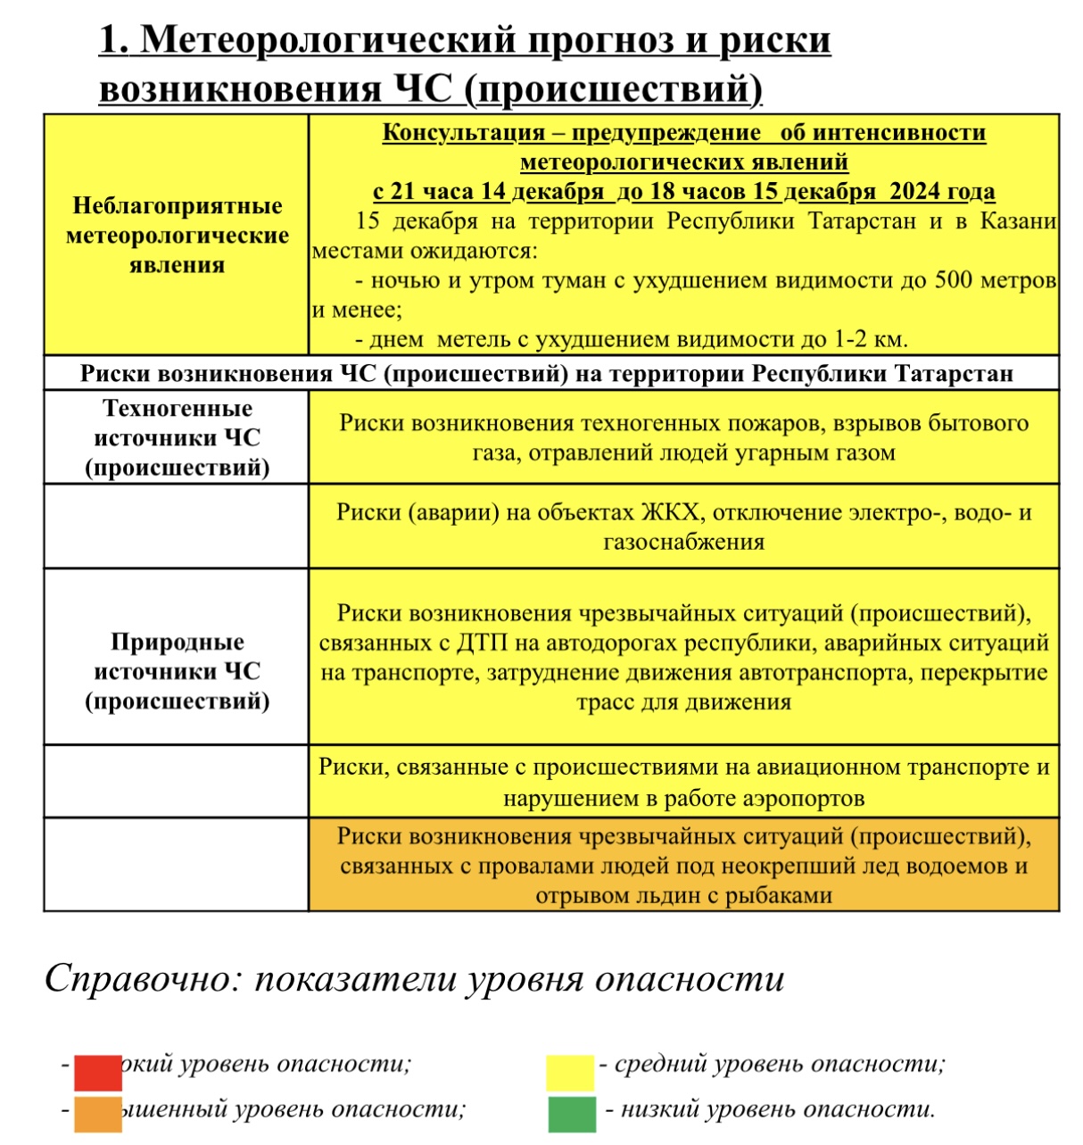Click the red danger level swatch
[x=97, y=1072]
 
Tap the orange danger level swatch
[x=97, y=1114]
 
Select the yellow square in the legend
[x=570, y=1072]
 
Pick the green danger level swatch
[x=570, y=1114]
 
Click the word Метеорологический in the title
[x=329, y=40]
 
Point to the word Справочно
[x=141, y=978]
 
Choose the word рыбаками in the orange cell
[x=786, y=895]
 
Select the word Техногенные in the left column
[x=178, y=408]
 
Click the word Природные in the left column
[x=178, y=642]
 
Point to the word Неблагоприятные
[x=178, y=206]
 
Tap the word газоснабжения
[x=684, y=542]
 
